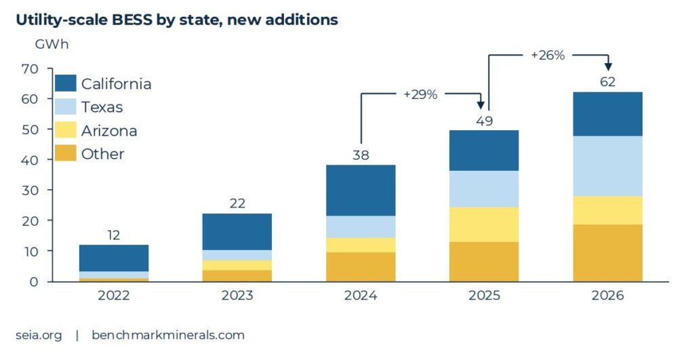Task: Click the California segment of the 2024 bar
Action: click(x=361, y=191)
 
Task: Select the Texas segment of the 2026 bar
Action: click(x=607, y=165)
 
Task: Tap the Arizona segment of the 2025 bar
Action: click(x=484, y=224)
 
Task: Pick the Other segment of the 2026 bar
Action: click(x=607, y=252)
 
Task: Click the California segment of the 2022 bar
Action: click(x=114, y=258)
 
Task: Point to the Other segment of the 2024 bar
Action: click(x=361, y=266)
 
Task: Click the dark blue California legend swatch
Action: click(x=64, y=83)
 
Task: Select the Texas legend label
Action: click(x=102, y=107)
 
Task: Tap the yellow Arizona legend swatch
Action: click(x=64, y=130)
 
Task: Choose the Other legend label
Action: click(x=102, y=154)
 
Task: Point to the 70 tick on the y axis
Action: click(x=29, y=68)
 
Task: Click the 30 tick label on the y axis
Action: click(x=29, y=191)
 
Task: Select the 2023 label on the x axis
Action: click(x=237, y=296)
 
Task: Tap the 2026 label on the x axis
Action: click(x=607, y=296)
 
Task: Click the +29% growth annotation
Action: click(x=420, y=95)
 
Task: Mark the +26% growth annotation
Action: click(x=548, y=56)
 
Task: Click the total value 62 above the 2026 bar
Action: click(x=607, y=81)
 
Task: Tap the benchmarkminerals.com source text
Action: click(x=168, y=335)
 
